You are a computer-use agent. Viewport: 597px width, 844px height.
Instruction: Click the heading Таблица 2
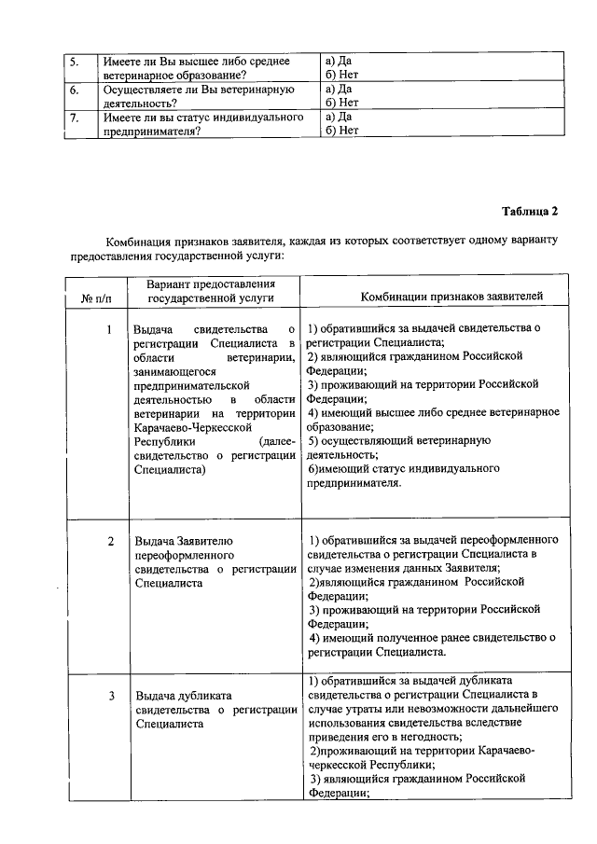pyautogui.click(x=530, y=210)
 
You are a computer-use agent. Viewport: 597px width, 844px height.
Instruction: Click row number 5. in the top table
pyautogui.click(x=75, y=62)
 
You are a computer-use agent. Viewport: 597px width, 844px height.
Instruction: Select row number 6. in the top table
pyautogui.click(x=75, y=90)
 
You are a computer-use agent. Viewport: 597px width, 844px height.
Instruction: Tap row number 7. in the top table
pyautogui.click(x=75, y=118)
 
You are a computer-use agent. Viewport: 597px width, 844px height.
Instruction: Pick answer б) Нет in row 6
pyautogui.click(x=341, y=103)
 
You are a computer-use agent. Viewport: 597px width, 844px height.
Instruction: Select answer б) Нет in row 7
pyautogui.click(x=341, y=131)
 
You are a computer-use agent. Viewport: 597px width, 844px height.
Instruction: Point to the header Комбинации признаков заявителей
pyautogui.click(x=451, y=297)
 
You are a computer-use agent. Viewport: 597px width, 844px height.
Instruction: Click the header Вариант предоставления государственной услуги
pyautogui.click(x=211, y=290)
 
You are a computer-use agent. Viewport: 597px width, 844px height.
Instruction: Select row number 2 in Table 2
pyautogui.click(x=110, y=541)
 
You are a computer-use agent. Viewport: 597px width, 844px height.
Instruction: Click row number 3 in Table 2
pyautogui.click(x=110, y=696)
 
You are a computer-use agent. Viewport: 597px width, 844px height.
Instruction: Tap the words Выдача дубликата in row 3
pyautogui.click(x=183, y=696)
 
